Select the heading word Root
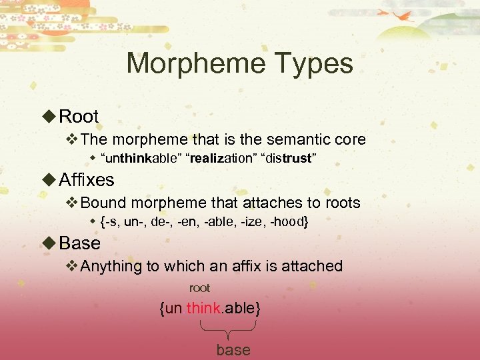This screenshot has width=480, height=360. click(x=79, y=116)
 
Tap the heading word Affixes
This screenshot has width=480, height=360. click(x=87, y=179)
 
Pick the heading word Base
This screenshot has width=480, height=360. click(x=80, y=243)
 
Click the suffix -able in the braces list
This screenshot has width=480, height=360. click(x=214, y=221)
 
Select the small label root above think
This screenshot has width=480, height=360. click(x=199, y=288)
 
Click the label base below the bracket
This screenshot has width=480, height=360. click(x=233, y=350)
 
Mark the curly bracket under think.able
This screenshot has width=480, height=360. click(x=229, y=329)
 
